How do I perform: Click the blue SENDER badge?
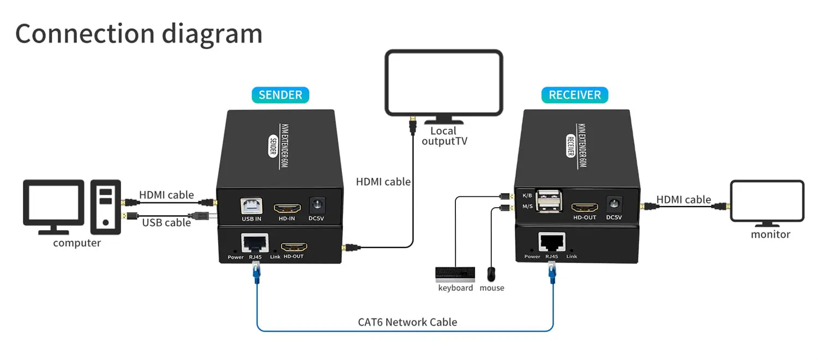click(x=280, y=95)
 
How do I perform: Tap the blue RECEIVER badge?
click(x=575, y=95)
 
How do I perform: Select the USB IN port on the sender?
click(x=251, y=206)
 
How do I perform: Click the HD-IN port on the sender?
click(x=287, y=208)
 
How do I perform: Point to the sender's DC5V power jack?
click(x=317, y=206)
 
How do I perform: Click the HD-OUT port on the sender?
click(x=293, y=246)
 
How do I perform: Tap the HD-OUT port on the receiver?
click(x=585, y=207)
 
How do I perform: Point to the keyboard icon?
click(x=455, y=273)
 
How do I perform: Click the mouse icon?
click(x=491, y=273)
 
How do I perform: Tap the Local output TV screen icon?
click(x=443, y=83)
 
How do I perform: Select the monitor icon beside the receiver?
click(x=767, y=201)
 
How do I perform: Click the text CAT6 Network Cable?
click(x=407, y=322)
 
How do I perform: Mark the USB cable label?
click(x=166, y=223)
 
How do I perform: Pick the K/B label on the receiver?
click(x=527, y=195)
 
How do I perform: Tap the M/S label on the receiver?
click(x=527, y=206)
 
